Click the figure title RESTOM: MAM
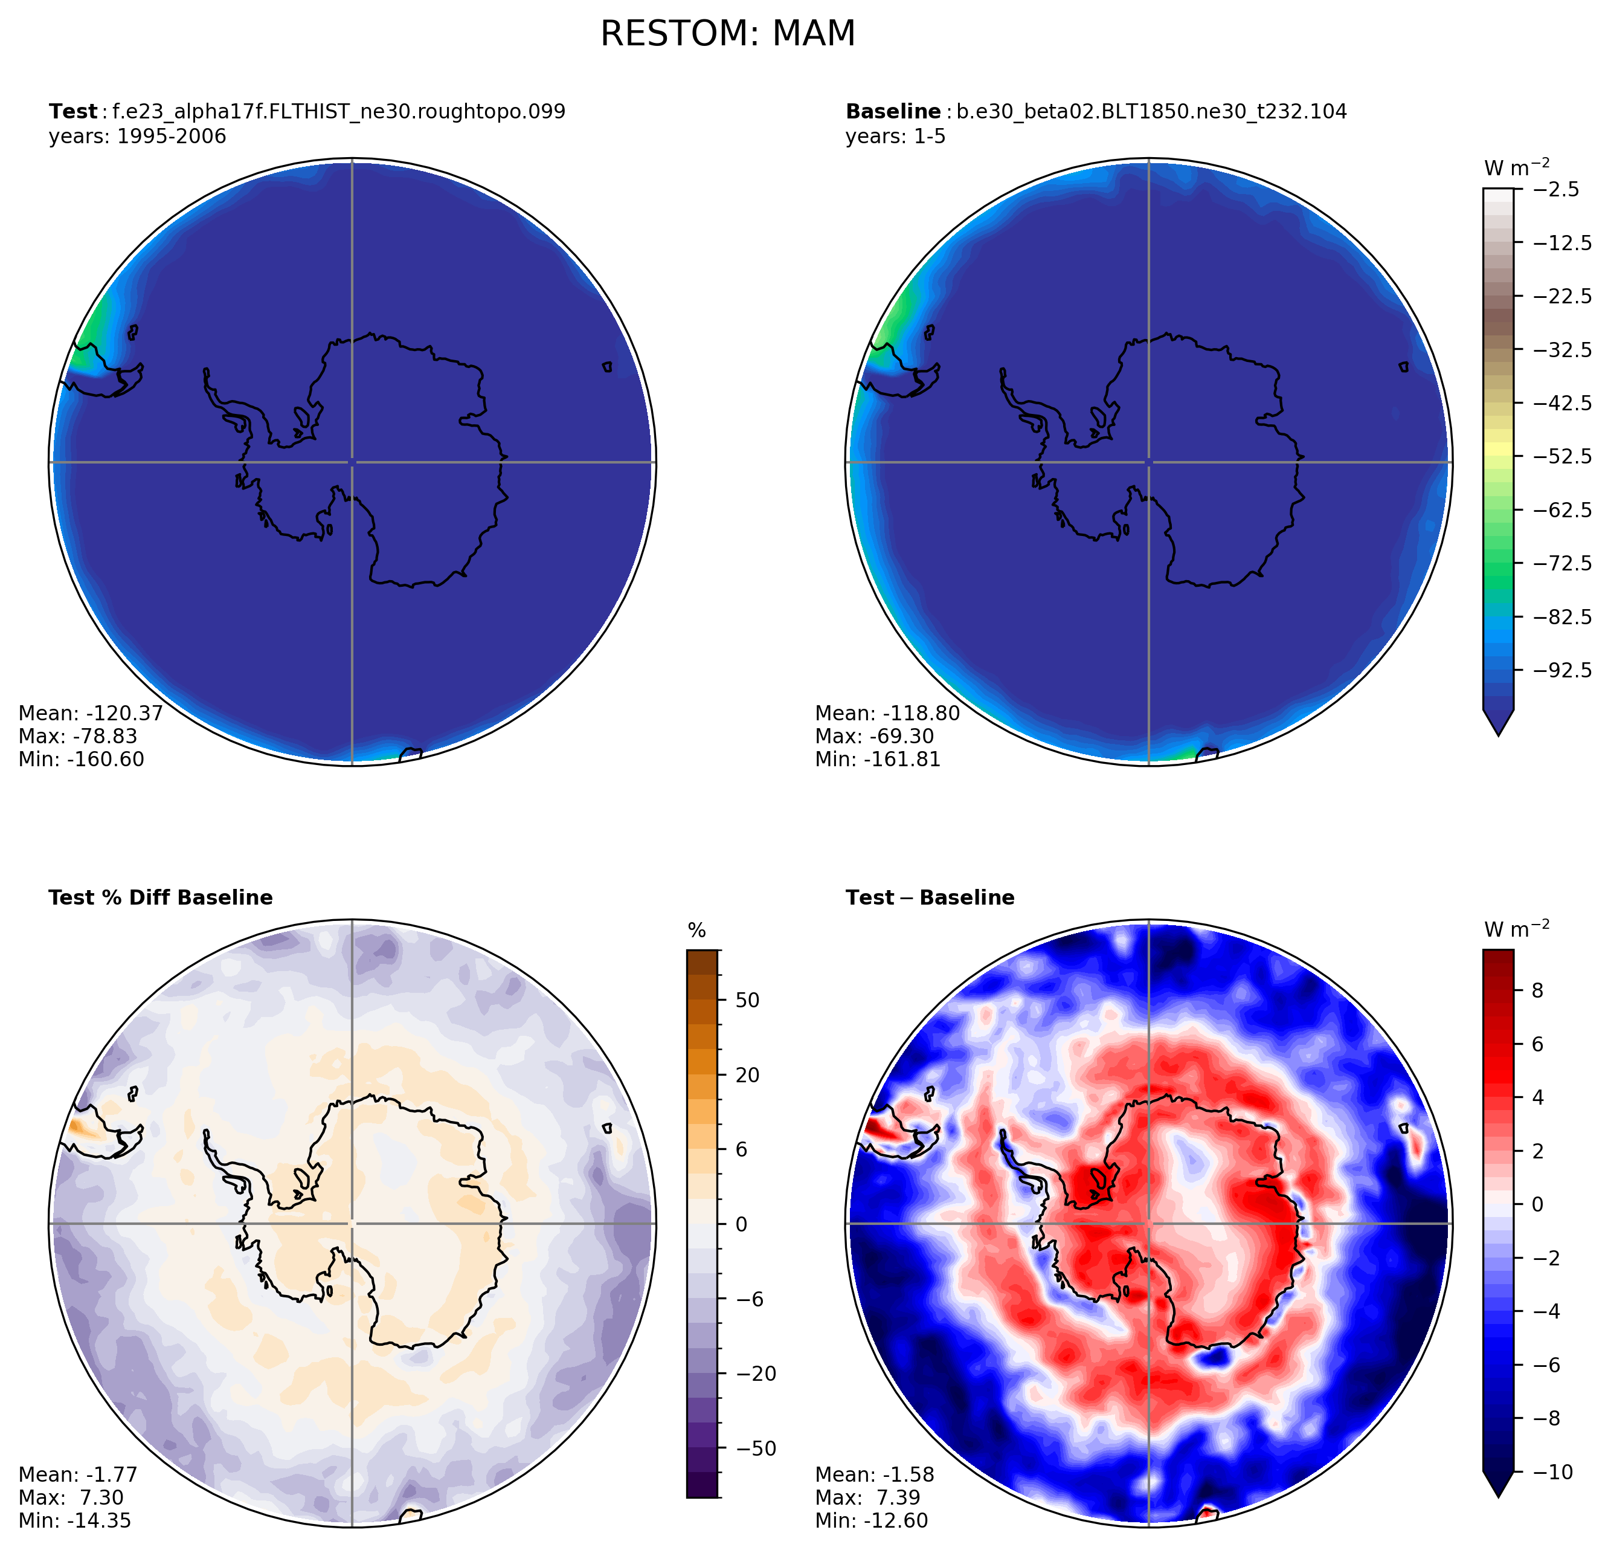pos(727,34)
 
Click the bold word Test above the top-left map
pos(72,112)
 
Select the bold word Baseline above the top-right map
pos(893,112)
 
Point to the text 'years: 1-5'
pos(895,137)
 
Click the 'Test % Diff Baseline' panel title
pos(160,898)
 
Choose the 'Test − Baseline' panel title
pos(930,898)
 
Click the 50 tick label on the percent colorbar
pos(748,1001)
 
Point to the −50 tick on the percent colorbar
pos(752,1449)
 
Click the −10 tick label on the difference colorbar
pos(1552,1473)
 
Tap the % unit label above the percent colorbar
pos(697,931)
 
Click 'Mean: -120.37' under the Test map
pos(91,714)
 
